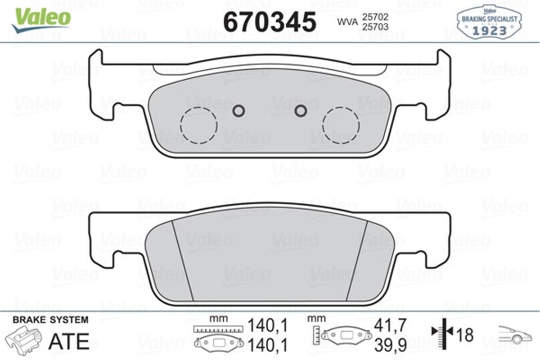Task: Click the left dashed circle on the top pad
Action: point(198,126)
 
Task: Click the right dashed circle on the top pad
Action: point(341,125)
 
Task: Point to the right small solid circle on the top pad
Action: point(300,110)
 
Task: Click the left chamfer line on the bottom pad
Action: point(183,261)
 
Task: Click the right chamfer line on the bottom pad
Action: point(357,261)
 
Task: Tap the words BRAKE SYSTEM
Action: point(50,320)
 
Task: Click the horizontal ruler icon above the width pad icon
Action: point(218,329)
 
